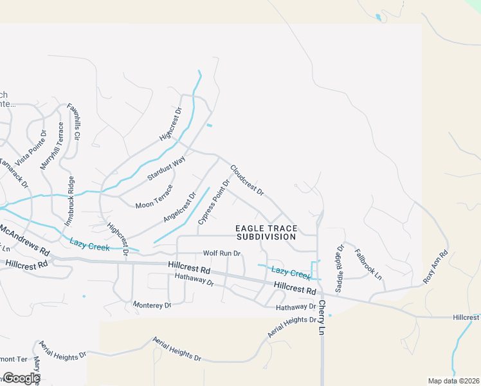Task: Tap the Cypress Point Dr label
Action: click(214, 201)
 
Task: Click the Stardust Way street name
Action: click(167, 167)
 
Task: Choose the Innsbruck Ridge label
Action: click(69, 201)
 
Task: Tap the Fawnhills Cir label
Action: click(74, 122)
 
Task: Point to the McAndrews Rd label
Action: click(25, 237)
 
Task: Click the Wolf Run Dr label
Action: click(221, 253)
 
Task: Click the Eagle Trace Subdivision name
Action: click(266, 232)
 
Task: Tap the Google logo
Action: click(21, 378)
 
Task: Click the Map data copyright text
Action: click(454, 381)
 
